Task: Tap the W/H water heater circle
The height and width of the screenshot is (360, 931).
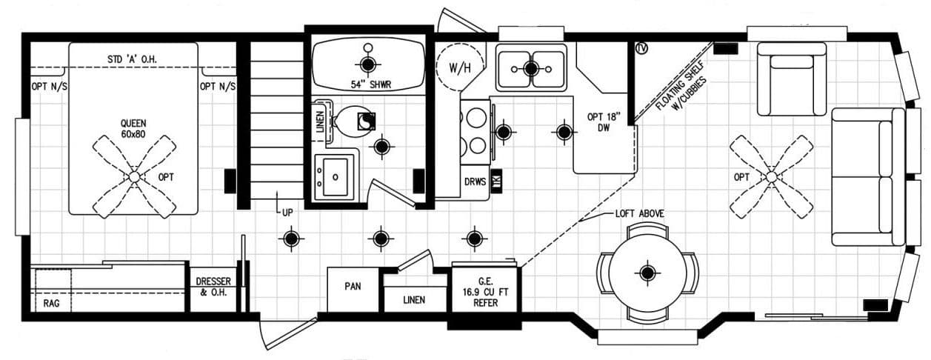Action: pyautogui.click(x=459, y=67)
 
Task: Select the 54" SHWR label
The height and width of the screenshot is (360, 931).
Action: pyautogui.click(x=367, y=84)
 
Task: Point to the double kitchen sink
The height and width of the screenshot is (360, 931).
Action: pyautogui.click(x=530, y=68)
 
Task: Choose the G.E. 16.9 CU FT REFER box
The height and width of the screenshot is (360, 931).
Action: pyautogui.click(x=486, y=290)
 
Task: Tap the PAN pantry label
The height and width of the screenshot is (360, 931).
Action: pyautogui.click(x=353, y=286)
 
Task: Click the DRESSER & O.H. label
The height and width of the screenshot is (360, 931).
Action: pyautogui.click(x=213, y=287)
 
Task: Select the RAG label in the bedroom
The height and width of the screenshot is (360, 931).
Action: pyautogui.click(x=50, y=302)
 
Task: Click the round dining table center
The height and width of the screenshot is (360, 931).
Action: pyautogui.click(x=648, y=273)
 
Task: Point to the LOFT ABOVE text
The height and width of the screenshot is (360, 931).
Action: pyautogui.click(x=639, y=213)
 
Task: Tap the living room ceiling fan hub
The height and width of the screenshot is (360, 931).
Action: pyautogui.click(x=771, y=177)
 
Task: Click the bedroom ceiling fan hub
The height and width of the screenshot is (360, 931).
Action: pyautogui.click(x=134, y=177)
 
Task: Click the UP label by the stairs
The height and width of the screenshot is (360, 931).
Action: pyautogui.click(x=287, y=212)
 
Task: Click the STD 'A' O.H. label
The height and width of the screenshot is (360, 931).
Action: pyautogui.click(x=133, y=59)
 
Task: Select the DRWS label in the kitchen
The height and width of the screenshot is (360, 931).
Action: pyautogui.click(x=474, y=181)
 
